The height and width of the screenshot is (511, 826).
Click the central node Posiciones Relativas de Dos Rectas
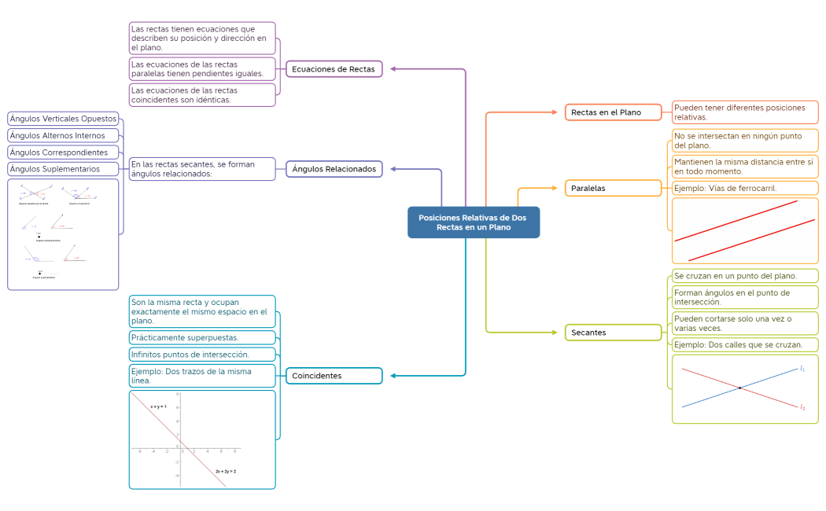[474, 222]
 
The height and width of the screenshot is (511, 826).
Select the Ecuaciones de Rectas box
[334, 69]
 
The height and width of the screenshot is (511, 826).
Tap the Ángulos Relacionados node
[334, 168]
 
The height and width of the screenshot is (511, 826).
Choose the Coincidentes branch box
[334, 376]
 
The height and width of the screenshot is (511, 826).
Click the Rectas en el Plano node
[613, 112]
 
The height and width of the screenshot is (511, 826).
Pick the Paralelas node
[613, 188]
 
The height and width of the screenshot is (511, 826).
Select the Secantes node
[613, 333]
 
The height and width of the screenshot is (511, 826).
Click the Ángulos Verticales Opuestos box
[64, 119]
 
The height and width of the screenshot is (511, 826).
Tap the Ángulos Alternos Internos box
[64, 135]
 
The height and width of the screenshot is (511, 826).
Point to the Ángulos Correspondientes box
[64, 152]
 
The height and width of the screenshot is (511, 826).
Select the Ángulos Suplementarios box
[64, 168]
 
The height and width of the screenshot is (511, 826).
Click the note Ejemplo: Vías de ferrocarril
[744, 188]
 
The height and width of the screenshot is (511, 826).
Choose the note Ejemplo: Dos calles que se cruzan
[744, 344]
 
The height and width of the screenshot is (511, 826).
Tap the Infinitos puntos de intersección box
[202, 354]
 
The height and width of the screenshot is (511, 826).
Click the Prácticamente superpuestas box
[202, 337]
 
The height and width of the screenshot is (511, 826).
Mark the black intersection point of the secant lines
[739, 388]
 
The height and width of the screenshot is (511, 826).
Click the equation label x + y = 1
[158, 406]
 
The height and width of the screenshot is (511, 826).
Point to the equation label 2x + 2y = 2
[226, 471]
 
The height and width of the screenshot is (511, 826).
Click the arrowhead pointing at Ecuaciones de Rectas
[394, 69]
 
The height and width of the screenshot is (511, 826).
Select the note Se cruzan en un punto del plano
[744, 276]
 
